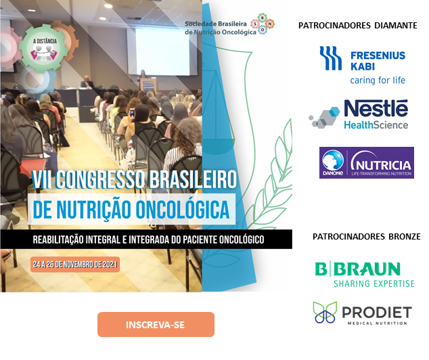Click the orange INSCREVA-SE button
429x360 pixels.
tap(156, 324)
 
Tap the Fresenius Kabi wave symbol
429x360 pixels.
tap(330, 58)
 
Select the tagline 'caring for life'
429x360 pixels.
tap(378, 81)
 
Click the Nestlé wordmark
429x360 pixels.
tap(376, 108)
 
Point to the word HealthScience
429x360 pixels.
tap(376, 125)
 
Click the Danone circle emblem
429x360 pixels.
tap(333, 161)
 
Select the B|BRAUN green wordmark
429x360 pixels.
tap(357, 269)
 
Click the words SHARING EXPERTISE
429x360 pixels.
tap(374, 284)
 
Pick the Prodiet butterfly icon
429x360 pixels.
tap(325, 312)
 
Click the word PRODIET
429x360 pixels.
tap(377, 313)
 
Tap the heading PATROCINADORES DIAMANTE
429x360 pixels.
tap(357, 26)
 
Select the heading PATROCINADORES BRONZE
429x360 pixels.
tap(366, 236)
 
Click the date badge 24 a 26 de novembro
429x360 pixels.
tap(75, 265)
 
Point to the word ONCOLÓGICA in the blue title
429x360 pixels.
tap(183, 210)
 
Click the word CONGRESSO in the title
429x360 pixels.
tap(100, 179)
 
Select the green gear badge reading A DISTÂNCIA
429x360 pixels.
tap(44, 48)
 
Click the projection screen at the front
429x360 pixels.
tap(162, 51)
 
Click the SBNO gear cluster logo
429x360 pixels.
tap(263, 24)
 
